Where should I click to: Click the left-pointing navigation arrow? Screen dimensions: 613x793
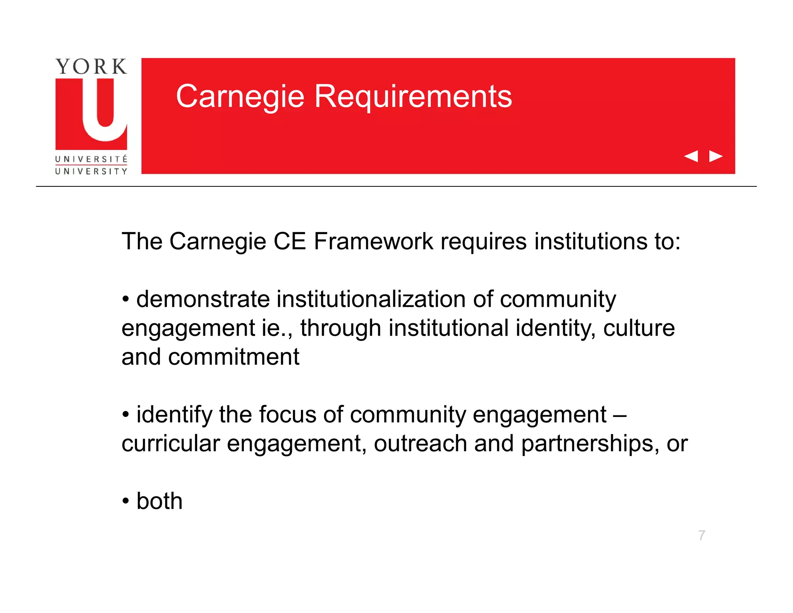point(691,156)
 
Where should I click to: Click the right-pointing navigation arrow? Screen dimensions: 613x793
point(716,156)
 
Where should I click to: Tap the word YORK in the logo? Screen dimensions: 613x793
point(91,67)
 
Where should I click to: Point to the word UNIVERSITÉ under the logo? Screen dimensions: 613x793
point(91,159)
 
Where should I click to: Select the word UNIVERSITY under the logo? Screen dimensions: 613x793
point(91,171)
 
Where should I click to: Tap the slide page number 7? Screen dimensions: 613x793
point(702,535)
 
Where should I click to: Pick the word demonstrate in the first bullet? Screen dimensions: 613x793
point(203,299)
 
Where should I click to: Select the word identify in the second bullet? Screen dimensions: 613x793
point(174,414)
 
